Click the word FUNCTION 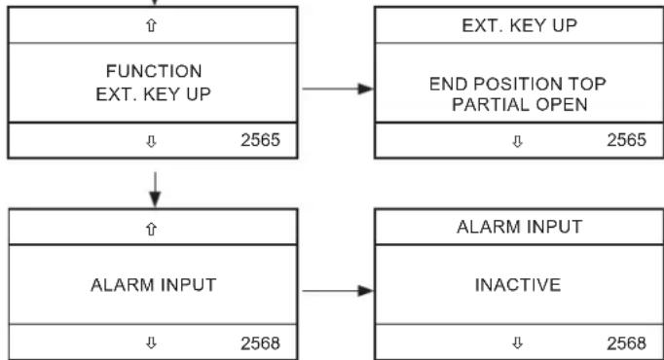pos(154,71)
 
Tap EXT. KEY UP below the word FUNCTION pos(153,94)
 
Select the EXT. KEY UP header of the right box pos(519,25)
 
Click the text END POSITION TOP pos(518,84)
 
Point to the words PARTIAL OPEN pos(520,104)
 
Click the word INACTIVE pos(518,285)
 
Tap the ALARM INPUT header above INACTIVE pos(520,227)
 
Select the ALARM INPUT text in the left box pos(154,285)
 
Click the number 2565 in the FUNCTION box pos(260,140)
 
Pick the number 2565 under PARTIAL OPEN pos(627,140)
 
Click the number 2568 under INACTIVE pos(627,343)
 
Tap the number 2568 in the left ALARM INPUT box pos(260,343)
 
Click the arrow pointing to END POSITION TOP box pos(338,89)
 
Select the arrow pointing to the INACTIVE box pos(338,291)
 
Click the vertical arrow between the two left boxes pos(155,190)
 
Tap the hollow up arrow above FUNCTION pos(151,26)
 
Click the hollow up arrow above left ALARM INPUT pos(151,229)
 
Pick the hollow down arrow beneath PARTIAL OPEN pos(517,141)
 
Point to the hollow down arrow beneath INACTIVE pos(517,342)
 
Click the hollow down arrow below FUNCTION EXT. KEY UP pos(151,141)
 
